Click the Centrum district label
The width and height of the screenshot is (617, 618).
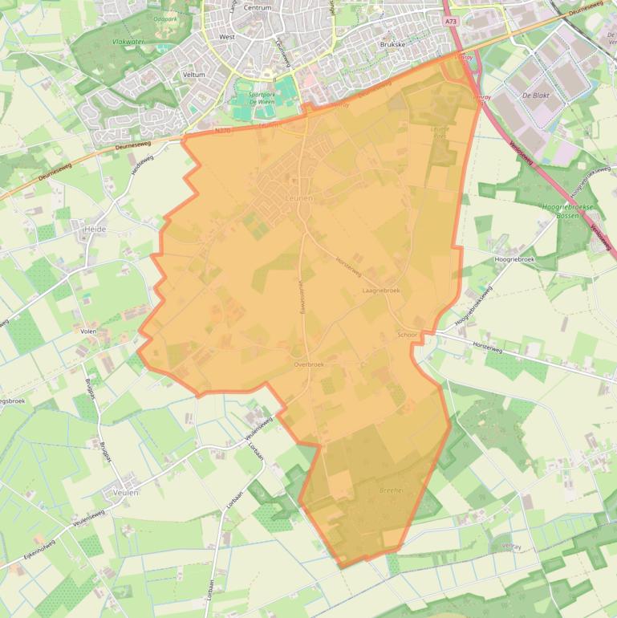coord(258,8)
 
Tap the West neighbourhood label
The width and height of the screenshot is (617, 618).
coord(227,37)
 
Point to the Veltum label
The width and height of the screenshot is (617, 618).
coord(194,75)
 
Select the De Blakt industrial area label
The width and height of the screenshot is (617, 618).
coord(535,95)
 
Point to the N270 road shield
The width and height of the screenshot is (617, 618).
coord(222,130)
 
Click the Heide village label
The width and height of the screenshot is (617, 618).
coord(95,229)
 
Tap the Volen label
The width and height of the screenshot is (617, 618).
coord(88,331)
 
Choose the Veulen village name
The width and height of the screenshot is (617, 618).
coord(126,493)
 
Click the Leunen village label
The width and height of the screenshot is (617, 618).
coord(299,197)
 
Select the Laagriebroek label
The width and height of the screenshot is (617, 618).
coord(381,290)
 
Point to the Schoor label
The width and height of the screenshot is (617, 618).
coord(408,334)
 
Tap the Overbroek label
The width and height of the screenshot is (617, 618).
coord(309,364)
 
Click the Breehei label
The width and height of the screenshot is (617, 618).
coord(390,489)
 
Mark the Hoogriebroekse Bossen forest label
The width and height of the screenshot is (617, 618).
coord(567,211)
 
